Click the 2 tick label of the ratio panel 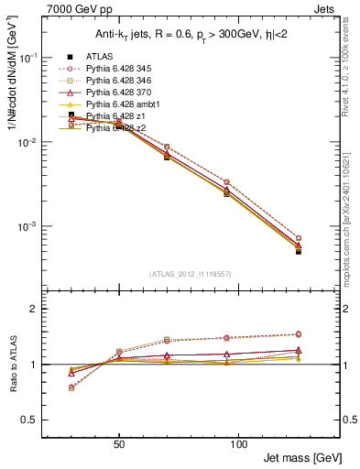click(x=49, y=310)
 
